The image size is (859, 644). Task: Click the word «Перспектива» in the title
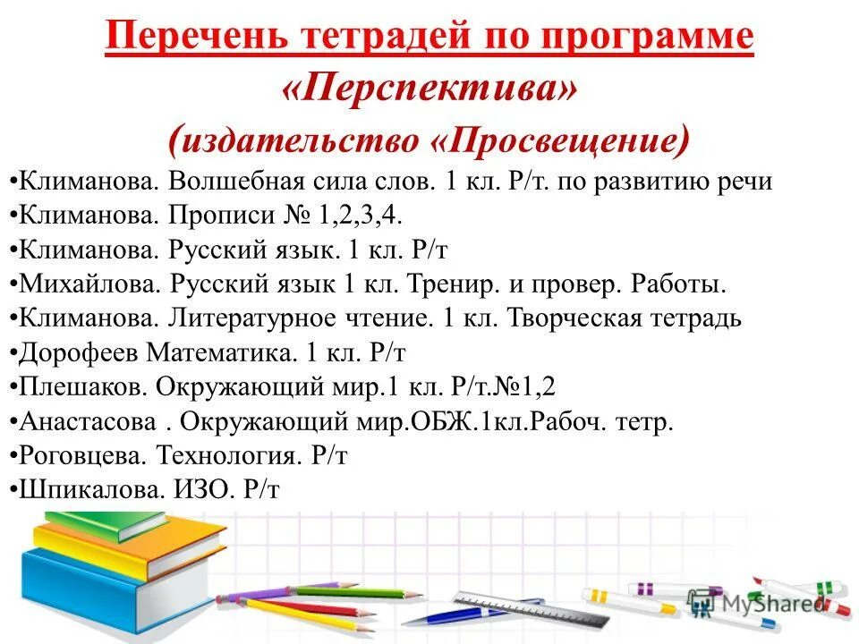[429, 88]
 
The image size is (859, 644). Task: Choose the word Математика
[219, 352]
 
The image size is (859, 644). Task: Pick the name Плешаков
[82, 386]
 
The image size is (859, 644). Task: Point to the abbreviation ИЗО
[208, 488]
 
